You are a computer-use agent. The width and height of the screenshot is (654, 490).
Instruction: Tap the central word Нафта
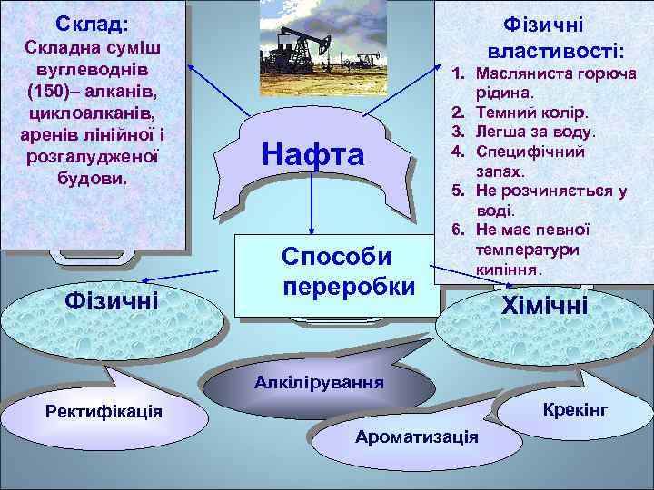tap(312, 153)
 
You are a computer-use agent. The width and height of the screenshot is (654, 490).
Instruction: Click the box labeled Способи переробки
tap(349, 271)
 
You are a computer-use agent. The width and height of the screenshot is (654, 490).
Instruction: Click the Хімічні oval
tap(545, 306)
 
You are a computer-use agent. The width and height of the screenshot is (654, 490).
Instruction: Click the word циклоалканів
tap(94, 114)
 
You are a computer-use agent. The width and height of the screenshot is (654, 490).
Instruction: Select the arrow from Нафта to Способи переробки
tap(311, 200)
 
